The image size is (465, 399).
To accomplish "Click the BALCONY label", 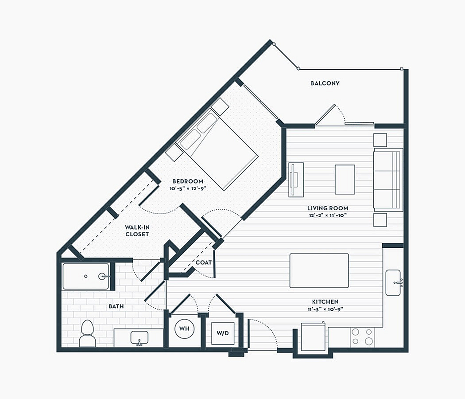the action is click(x=325, y=83).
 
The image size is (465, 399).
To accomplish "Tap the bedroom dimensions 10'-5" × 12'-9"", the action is click(x=188, y=188).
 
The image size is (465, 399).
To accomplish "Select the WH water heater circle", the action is click(x=185, y=329).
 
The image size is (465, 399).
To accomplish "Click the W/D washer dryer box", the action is click(x=222, y=333).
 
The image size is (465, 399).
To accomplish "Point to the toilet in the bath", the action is click(x=88, y=333).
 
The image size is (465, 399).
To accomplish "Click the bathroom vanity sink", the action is click(x=139, y=338).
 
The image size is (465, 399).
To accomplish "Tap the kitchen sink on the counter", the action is click(x=393, y=283).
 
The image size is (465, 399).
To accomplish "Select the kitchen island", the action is click(x=319, y=270).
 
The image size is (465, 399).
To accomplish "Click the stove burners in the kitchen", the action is click(x=362, y=336).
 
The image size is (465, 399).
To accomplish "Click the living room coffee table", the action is click(x=345, y=180).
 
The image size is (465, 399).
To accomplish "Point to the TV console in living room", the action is click(x=296, y=180).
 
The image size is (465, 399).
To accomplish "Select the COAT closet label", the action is click(x=204, y=262).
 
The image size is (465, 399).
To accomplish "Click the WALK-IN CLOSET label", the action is click(x=137, y=231).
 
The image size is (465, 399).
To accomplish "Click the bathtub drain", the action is click(x=86, y=276).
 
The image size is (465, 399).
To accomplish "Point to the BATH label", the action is click(x=116, y=306).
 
